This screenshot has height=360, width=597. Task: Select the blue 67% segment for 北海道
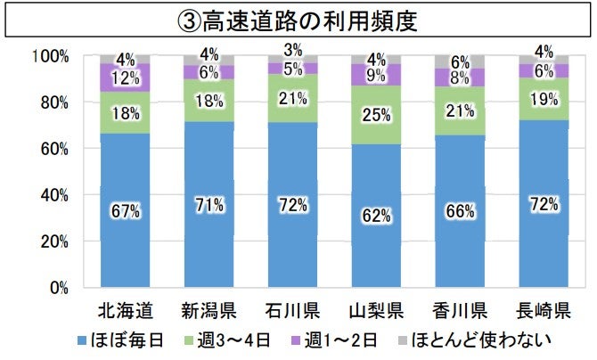coord(125,210)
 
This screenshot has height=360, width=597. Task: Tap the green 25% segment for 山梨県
coord(376,115)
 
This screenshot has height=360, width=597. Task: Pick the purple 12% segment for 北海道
coord(125,78)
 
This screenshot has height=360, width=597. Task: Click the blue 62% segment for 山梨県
coord(376,216)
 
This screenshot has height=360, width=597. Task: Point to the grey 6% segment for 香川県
coord(460,61)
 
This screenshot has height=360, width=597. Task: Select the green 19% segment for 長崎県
coord(544,99)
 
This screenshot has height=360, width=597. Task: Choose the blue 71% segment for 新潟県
coord(209,205)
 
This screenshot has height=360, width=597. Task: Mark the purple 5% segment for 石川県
coord(292,68)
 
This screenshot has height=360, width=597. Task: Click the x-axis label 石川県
coord(292,311)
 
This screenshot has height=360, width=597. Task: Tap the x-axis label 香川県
coord(460,311)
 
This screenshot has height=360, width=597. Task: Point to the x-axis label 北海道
coord(125,311)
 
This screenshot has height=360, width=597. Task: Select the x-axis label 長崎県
coord(544,311)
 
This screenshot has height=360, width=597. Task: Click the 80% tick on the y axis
coord(55,102)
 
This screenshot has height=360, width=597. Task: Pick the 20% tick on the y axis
coord(55,241)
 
